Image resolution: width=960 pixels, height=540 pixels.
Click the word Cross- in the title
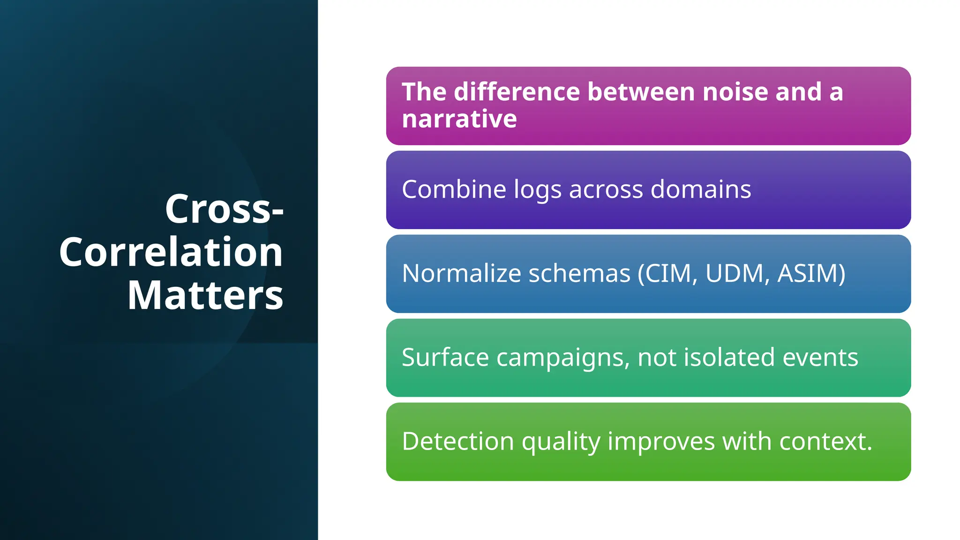tap(224, 209)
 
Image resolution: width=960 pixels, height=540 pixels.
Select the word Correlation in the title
tap(171, 252)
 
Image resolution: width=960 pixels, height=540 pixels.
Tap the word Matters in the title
tap(205, 295)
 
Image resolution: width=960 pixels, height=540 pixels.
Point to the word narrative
tap(459, 119)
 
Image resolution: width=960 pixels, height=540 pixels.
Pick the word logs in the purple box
tap(537, 190)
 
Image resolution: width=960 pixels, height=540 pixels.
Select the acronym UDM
tap(734, 273)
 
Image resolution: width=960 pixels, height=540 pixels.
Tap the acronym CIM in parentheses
tap(669, 273)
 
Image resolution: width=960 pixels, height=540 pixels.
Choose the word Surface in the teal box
tap(445, 357)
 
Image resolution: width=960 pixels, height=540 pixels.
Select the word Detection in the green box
tap(458, 441)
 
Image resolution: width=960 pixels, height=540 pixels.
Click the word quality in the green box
tap(561, 442)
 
